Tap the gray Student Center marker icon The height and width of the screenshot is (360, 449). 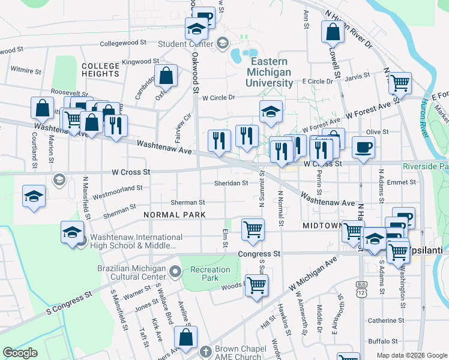[x=223, y=43]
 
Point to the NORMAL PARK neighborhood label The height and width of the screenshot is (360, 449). [x=175, y=214]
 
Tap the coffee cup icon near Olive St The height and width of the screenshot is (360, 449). [x=364, y=147]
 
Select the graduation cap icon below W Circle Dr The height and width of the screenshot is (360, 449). [x=271, y=111]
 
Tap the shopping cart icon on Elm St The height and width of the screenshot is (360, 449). [x=253, y=229]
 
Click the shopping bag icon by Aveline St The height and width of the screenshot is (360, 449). [x=185, y=337]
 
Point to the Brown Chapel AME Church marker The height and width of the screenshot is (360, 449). [x=205, y=350]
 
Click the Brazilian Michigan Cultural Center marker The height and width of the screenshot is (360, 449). [x=175, y=272]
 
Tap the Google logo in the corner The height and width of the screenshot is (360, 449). [x=20, y=352]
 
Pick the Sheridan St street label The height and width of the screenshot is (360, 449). [x=232, y=184]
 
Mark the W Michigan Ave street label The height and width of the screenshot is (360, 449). [x=313, y=275]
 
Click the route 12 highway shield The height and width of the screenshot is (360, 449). [x=361, y=290]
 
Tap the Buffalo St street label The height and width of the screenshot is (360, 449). [x=382, y=341]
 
